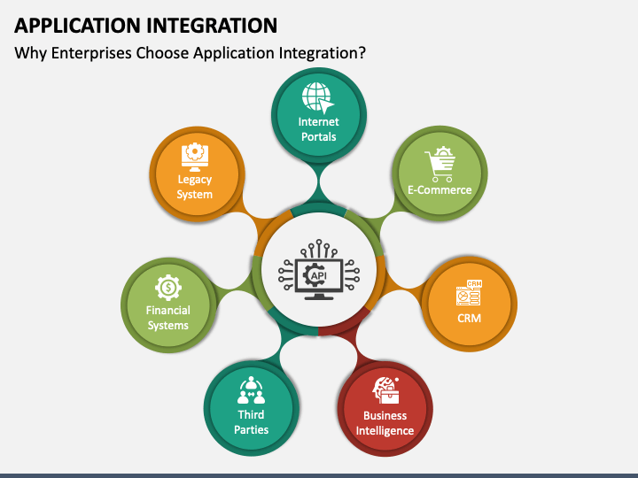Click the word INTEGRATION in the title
click(212, 26)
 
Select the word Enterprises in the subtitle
click(91, 53)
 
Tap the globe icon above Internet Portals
click(318, 97)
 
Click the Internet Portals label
click(319, 129)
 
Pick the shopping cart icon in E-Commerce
click(440, 165)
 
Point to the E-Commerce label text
click(440, 189)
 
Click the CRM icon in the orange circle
click(469, 292)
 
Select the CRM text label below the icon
click(469, 318)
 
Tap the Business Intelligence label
click(385, 423)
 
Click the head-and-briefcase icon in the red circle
click(385, 390)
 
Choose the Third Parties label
click(251, 422)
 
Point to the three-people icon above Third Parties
click(251, 390)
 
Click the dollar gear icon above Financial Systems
click(168, 288)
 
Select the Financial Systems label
click(168, 318)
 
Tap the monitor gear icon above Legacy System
click(194, 157)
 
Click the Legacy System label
click(194, 187)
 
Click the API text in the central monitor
click(319, 276)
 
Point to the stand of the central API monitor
click(319, 296)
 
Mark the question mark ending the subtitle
click(362, 52)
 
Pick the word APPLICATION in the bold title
click(77, 26)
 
